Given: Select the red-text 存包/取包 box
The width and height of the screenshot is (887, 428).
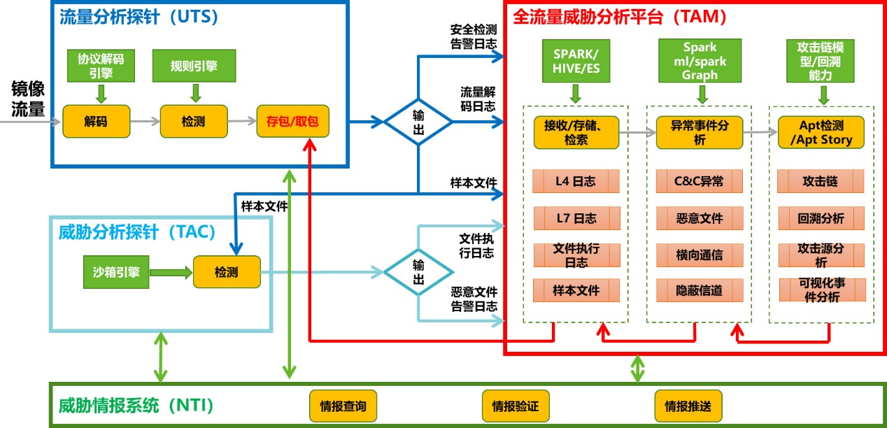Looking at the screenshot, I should pyautogui.click(x=292, y=121).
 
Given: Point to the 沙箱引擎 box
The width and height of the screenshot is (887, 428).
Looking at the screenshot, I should pyautogui.click(x=116, y=271).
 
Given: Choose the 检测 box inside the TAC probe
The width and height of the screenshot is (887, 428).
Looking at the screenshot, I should pyautogui.click(x=226, y=271).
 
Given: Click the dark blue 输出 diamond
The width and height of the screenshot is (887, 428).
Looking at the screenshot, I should pyautogui.click(x=418, y=121).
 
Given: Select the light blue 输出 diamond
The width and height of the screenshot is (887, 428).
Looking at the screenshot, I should pyautogui.click(x=418, y=272).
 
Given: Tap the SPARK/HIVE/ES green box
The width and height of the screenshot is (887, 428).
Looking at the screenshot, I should pyautogui.click(x=576, y=61).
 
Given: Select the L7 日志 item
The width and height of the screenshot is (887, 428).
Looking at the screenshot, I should pyautogui.click(x=576, y=218).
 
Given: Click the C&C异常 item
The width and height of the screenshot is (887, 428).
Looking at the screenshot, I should pyautogui.click(x=699, y=182).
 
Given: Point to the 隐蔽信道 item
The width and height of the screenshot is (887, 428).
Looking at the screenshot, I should pyautogui.click(x=699, y=290).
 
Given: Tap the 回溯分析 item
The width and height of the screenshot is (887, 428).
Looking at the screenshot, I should pyautogui.click(x=821, y=218).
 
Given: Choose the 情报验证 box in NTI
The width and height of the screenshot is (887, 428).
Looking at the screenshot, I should pyautogui.click(x=516, y=406).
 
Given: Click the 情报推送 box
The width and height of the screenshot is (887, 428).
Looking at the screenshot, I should pyautogui.click(x=688, y=406).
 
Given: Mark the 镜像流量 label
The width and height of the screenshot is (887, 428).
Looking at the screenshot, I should pyautogui.click(x=28, y=99).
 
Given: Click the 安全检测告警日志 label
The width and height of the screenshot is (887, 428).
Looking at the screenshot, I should pyautogui.click(x=474, y=37).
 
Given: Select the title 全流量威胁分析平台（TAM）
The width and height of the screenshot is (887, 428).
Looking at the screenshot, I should pyautogui.click(x=620, y=17).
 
